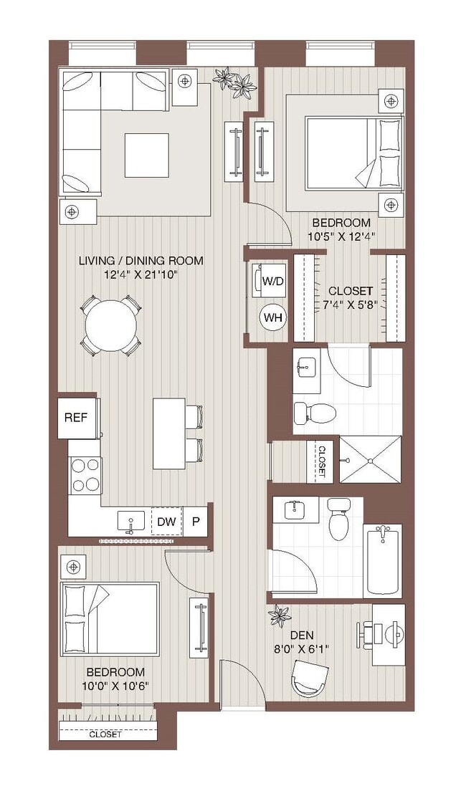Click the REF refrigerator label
(x=77, y=417)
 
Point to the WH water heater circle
(x=272, y=317)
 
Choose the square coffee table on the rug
(x=146, y=155)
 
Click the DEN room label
(x=300, y=635)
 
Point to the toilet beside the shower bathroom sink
(x=315, y=413)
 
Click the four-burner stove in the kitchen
(x=85, y=474)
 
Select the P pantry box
(x=196, y=522)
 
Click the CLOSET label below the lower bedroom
(x=105, y=734)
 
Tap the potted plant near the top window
(x=237, y=82)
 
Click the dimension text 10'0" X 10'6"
(x=115, y=686)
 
